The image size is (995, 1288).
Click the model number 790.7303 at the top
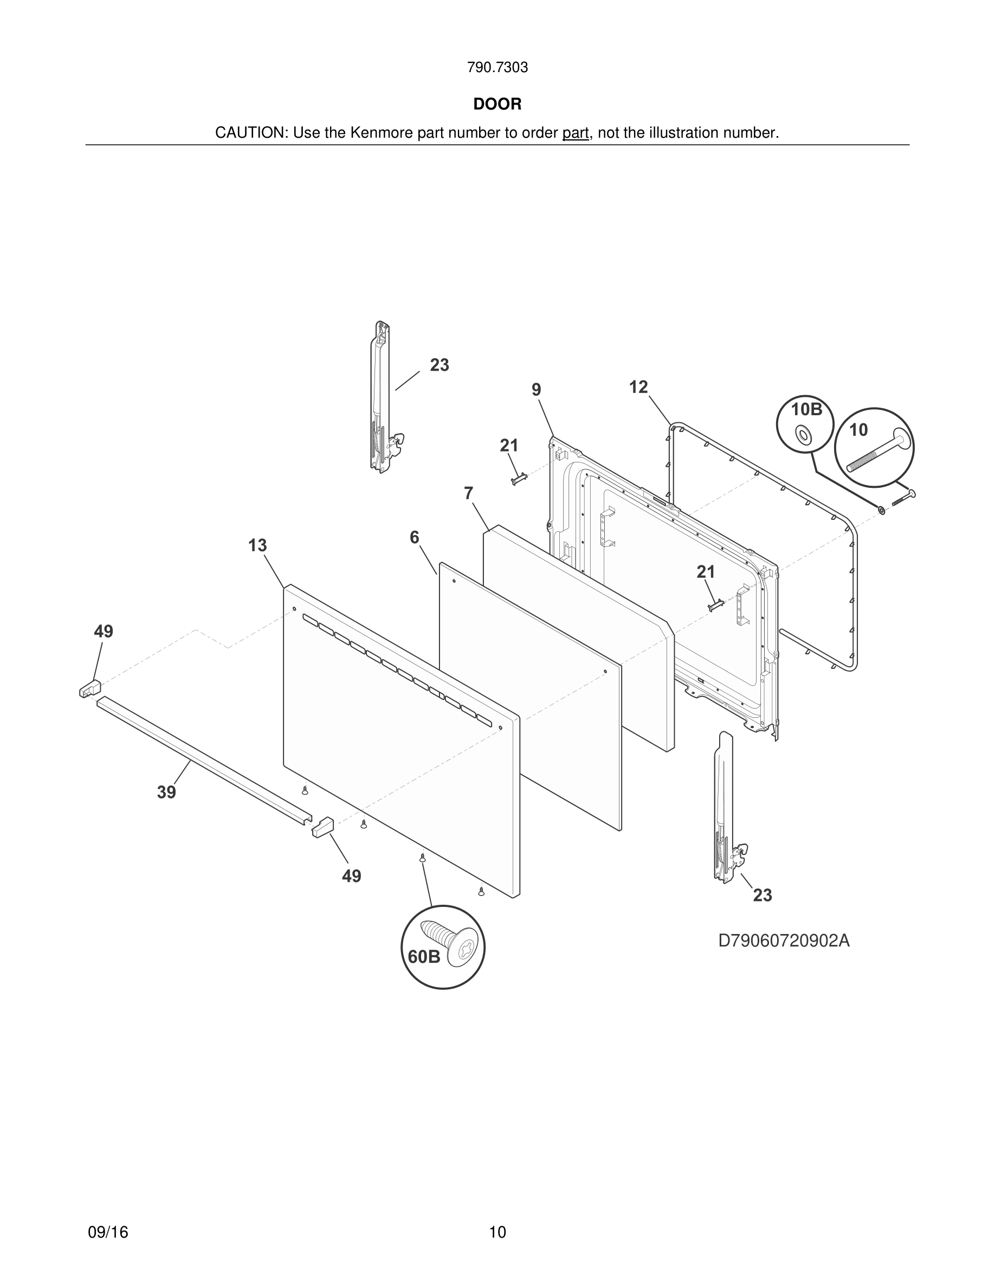(x=497, y=68)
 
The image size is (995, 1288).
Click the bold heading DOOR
(x=497, y=105)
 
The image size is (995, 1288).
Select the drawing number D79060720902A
(x=784, y=941)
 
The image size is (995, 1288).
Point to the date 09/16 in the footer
(x=108, y=1232)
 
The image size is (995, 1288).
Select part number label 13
(x=257, y=545)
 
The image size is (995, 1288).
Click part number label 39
(x=166, y=793)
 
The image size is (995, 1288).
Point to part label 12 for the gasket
(x=638, y=388)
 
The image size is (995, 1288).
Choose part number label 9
(x=536, y=390)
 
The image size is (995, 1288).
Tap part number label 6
(x=415, y=537)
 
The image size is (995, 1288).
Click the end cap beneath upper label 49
(x=90, y=688)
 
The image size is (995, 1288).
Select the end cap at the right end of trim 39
(x=322, y=827)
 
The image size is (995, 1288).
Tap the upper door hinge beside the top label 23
(x=383, y=398)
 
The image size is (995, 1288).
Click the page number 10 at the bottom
(x=497, y=1232)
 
